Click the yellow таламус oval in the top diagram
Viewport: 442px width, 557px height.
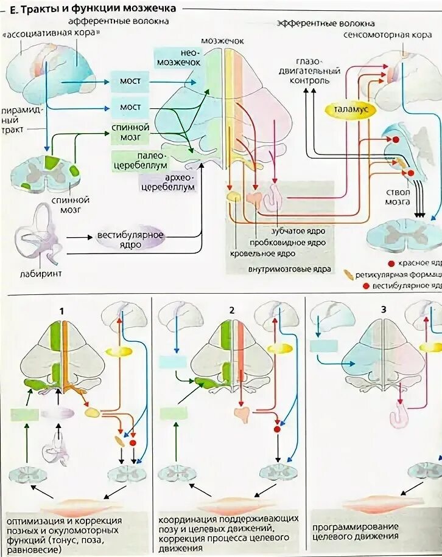[351, 111]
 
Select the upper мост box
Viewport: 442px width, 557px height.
[130, 80]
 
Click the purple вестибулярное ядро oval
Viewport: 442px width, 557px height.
[130, 239]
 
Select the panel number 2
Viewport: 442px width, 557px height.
[232, 310]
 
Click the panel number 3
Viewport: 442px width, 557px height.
[383, 308]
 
